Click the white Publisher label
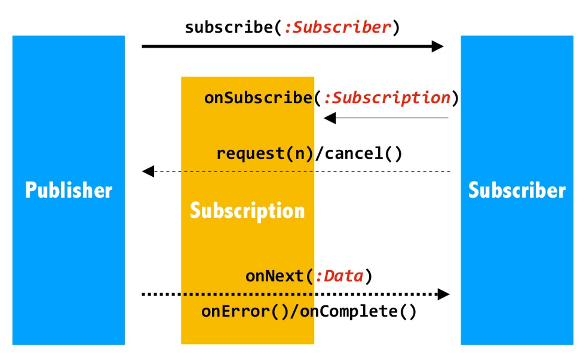pyautogui.click(x=69, y=191)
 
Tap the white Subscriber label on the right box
pyautogui.click(x=517, y=191)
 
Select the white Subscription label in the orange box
pyautogui.click(x=247, y=211)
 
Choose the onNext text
pyautogui.click(x=275, y=277)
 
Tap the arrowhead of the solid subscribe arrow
pyautogui.click(x=437, y=46)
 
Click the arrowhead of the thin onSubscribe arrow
pyautogui.click(x=330, y=118)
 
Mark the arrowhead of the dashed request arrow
pyautogui.click(x=148, y=172)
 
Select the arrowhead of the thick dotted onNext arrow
pyautogui.click(x=443, y=294)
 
